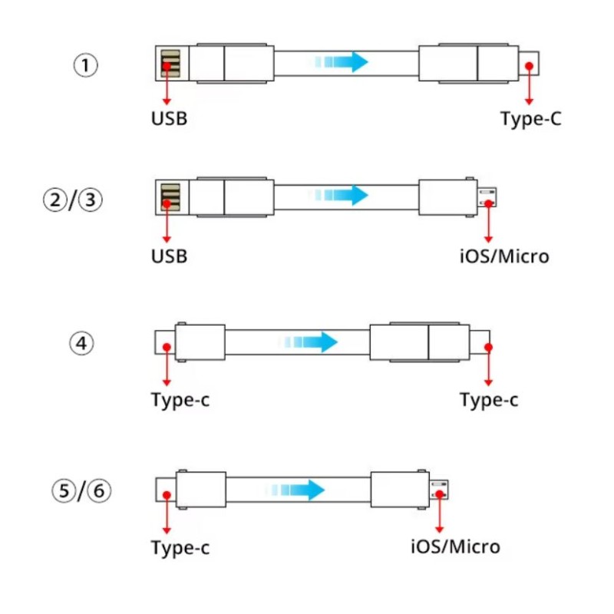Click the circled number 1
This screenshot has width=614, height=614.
[85, 65]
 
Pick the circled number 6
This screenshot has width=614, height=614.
[99, 490]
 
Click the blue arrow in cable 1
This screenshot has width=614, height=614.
[343, 61]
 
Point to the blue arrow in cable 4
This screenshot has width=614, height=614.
[310, 342]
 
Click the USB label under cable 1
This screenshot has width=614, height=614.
[169, 120]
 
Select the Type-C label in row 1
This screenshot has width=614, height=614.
[531, 120]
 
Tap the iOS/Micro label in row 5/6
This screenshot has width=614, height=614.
[455, 547]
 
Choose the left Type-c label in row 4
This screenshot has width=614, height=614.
[180, 401]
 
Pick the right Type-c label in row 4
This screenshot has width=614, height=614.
[489, 401]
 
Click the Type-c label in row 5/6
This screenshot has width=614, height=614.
[180, 548]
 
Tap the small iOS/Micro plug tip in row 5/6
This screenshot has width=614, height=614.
[439, 489]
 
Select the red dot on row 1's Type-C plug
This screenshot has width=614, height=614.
[528, 66]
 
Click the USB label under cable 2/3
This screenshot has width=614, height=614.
[169, 256]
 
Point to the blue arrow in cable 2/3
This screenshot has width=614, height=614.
[343, 195]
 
